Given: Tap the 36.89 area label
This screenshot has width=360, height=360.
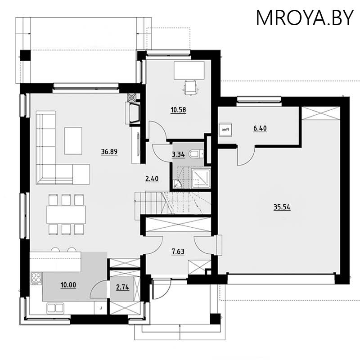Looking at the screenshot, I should click(109, 152).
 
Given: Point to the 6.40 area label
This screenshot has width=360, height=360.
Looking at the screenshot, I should click(260, 129).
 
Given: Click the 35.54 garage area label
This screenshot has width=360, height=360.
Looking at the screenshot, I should click(282, 207).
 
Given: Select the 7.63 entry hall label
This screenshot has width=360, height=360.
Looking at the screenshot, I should click(177, 252).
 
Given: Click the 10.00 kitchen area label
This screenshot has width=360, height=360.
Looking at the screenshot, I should click(68, 284).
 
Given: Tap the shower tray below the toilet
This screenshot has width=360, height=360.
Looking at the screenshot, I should click(198, 178).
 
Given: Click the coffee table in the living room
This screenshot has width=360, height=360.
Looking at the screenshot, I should click(73, 140).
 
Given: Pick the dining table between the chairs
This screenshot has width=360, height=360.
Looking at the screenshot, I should click(66, 214).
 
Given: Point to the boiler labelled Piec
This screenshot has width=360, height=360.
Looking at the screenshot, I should click(225, 129).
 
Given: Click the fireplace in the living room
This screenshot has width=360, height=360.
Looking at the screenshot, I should click(134, 113).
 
